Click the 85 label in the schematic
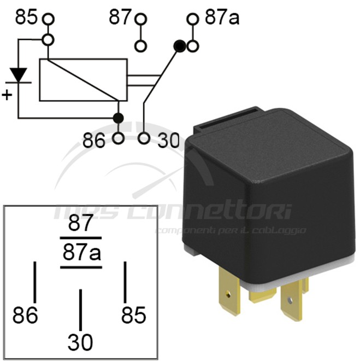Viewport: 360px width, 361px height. (26, 18)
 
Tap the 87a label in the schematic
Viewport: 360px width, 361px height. (222, 18)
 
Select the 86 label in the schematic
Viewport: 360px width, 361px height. (93, 141)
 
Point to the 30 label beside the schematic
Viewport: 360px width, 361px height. (168, 141)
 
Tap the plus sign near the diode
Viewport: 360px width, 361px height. (7, 95)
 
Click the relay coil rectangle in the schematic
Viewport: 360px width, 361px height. (83, 80)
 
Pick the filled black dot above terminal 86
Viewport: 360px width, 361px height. (117, 118)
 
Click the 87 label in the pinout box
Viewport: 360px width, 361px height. (81, 224)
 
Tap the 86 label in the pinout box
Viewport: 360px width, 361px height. (26, 316)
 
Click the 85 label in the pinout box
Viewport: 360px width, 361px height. (134, 316)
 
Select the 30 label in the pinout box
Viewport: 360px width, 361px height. (80, 343)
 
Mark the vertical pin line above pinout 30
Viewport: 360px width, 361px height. (80, 309)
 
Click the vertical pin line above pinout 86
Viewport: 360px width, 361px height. (36, 281)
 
